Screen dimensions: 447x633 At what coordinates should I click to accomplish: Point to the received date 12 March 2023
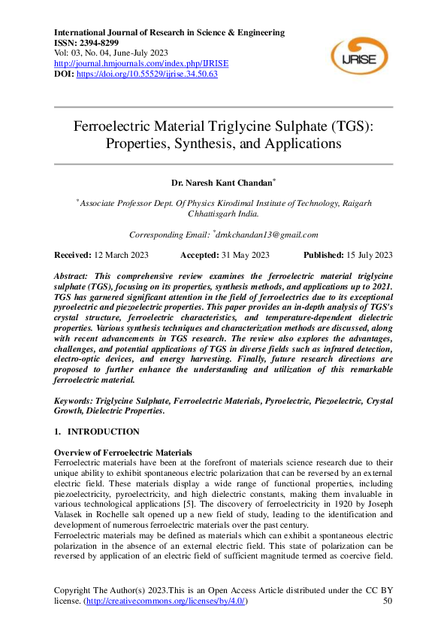121,255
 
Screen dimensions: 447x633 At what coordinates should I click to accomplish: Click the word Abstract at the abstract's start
74,277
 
